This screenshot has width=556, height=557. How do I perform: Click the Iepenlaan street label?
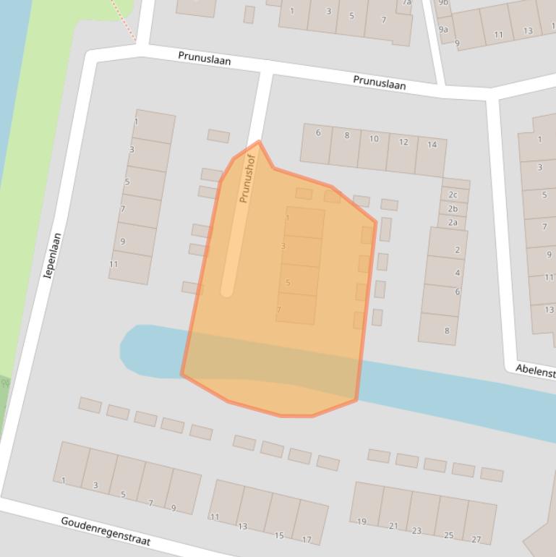point(53,255)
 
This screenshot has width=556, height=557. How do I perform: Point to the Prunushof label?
point(247,179)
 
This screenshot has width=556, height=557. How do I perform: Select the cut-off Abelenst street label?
point(535,370)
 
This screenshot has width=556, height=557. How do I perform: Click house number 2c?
point(453,195)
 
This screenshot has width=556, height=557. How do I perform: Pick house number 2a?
point(453,223)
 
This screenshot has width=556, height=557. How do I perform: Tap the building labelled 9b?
point(443,3)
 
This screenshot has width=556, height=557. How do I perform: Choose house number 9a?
point(443,30)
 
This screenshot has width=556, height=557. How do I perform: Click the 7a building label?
point(406,3)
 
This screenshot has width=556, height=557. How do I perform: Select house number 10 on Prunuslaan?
point(374,139)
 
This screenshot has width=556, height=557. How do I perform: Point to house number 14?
point(432,145)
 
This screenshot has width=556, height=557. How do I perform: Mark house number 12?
point(403,142)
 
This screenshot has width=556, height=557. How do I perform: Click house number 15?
point(279,536)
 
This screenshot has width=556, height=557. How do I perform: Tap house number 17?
point(307,540)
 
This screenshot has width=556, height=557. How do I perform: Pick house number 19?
point(362,521)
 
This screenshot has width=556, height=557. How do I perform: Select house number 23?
point(416,531)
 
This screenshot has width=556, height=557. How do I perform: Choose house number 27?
point(476,539)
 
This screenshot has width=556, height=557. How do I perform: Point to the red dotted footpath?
point(124,18)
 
